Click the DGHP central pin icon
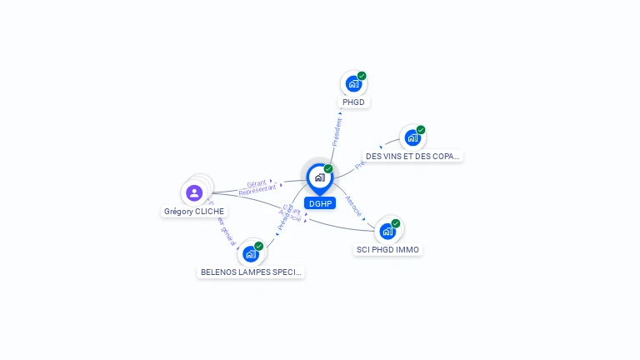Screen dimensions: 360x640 [x=319, y=177]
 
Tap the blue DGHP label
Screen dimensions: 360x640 [x=320, y=203]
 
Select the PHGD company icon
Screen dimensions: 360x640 [x=353, y=83]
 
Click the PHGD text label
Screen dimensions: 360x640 [x=353, y=102]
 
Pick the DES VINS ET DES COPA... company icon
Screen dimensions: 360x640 [x=412, y=137]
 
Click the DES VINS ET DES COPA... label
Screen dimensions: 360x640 [x=412, y=156]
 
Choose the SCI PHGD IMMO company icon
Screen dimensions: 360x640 [x=387, y=231]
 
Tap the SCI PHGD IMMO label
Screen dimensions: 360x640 [x=387, y=250]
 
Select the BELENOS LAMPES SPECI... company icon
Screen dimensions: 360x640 [x=250, y=253]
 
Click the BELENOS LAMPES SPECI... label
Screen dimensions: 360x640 [x=251, y=272]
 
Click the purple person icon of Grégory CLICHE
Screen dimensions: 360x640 [x=194, y=193]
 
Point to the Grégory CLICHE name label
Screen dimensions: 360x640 [x=194, y=212]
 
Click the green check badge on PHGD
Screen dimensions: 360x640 [x=362, y=76]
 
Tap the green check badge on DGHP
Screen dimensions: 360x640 [x=328, y=169]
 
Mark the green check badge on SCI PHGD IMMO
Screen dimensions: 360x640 [x=396, y=223]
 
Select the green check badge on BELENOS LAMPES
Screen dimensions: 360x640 [x=259, y=246]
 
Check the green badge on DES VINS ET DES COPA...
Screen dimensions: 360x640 [x=421, y=130]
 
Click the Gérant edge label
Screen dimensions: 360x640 [x=257, y=182]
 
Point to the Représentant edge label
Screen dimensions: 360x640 [x=257, y=189]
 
